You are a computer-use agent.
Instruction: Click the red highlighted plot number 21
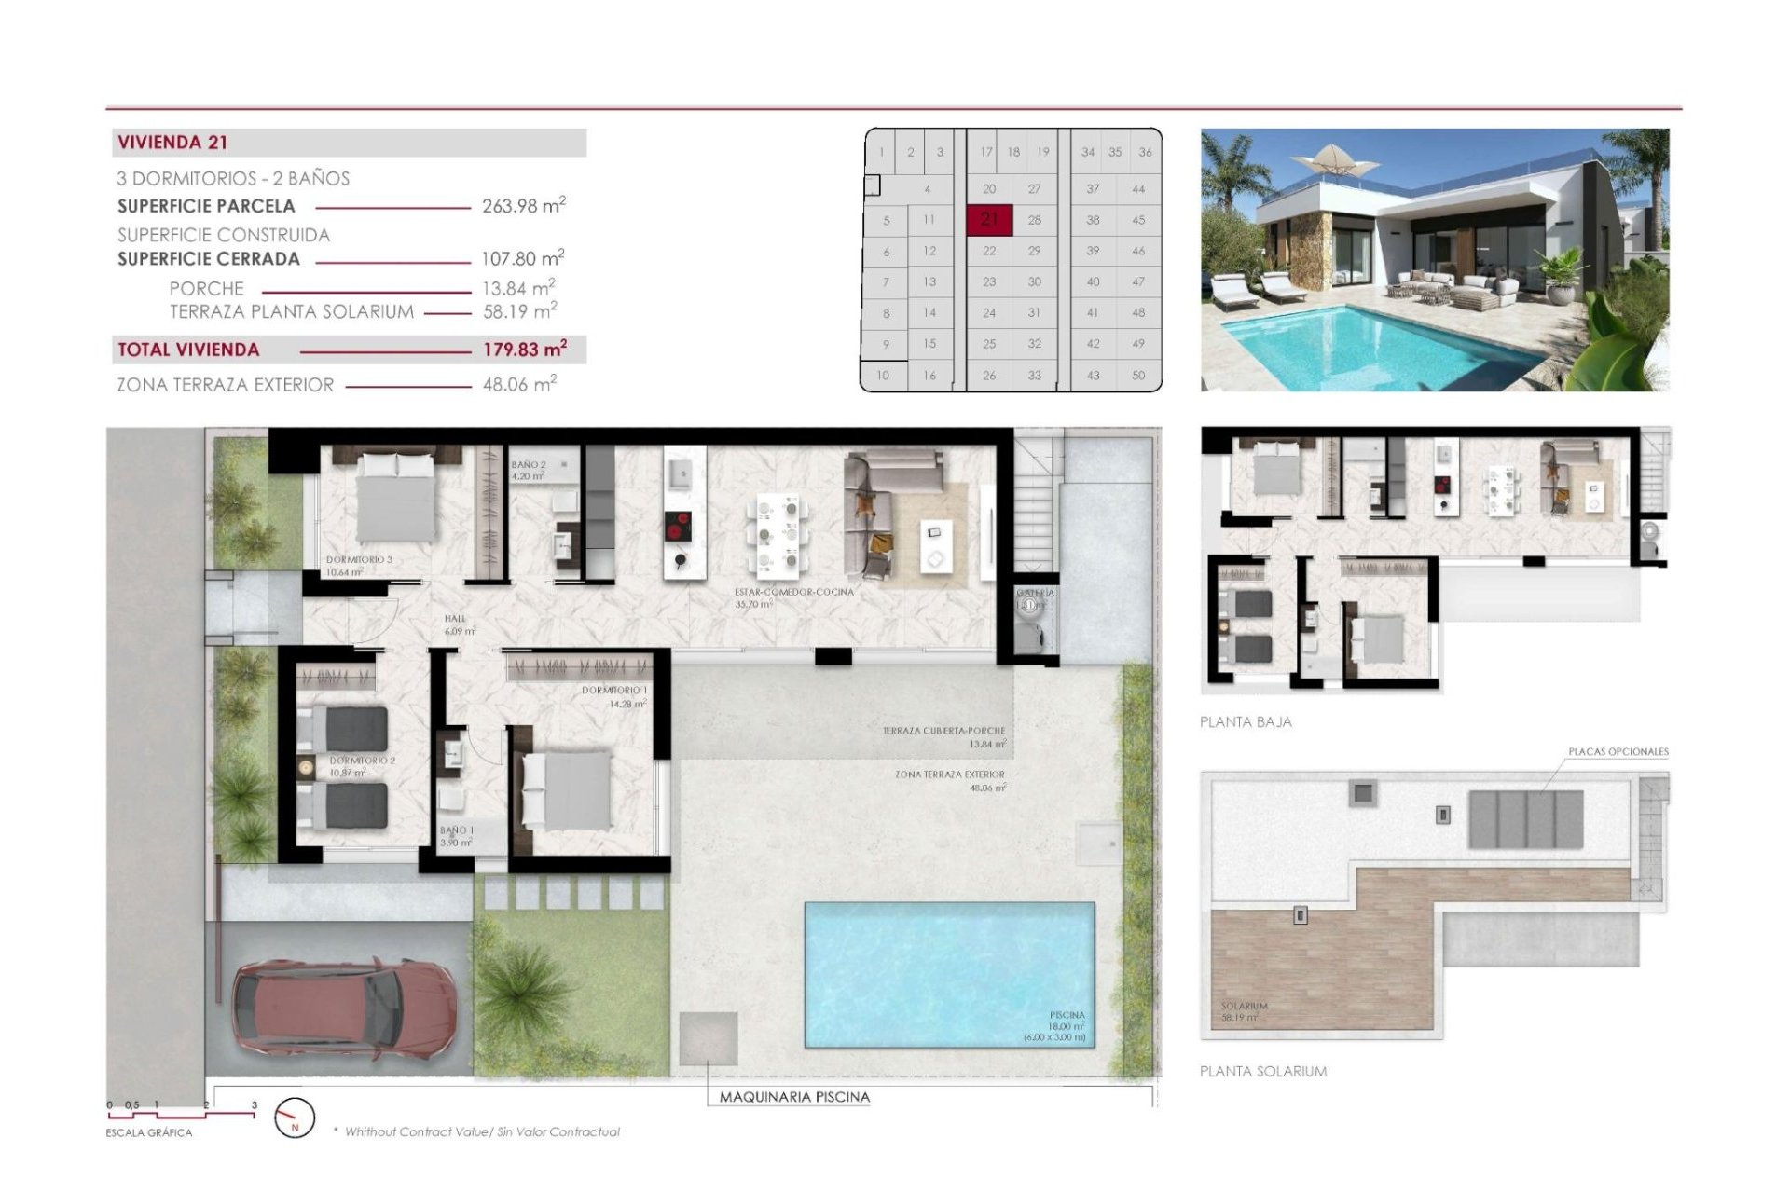(x=989, y=220)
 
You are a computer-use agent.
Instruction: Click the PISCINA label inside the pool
(x=1067, y=1015)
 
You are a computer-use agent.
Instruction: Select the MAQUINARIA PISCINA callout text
(x=794, y=1097)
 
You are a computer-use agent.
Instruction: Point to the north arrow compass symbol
(x=295, y=1117)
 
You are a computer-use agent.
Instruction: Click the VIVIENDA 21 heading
(x=172, y=143)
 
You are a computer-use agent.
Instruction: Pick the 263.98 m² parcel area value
(x=523, y=206)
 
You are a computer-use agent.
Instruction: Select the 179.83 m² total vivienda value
(x=524, y=350)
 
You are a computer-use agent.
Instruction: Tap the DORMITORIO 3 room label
(x=359, y=560)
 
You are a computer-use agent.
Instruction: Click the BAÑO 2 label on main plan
(x=528, y=464)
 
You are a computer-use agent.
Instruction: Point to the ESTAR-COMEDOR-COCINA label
(x=793, y=592)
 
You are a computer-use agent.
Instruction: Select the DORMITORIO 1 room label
(x=614, y=691)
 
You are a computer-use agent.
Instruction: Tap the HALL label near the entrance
(x=455, y=619)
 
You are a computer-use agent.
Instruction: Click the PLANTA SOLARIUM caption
(x=1263, y=1072)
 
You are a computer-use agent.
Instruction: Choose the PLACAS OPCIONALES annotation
(x=1618, y=751)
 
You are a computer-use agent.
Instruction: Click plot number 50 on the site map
(x=1138, y=375)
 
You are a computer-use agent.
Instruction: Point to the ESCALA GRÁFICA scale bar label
(x=149, y=1133)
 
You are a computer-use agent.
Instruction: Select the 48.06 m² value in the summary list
(x=519, y=384)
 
